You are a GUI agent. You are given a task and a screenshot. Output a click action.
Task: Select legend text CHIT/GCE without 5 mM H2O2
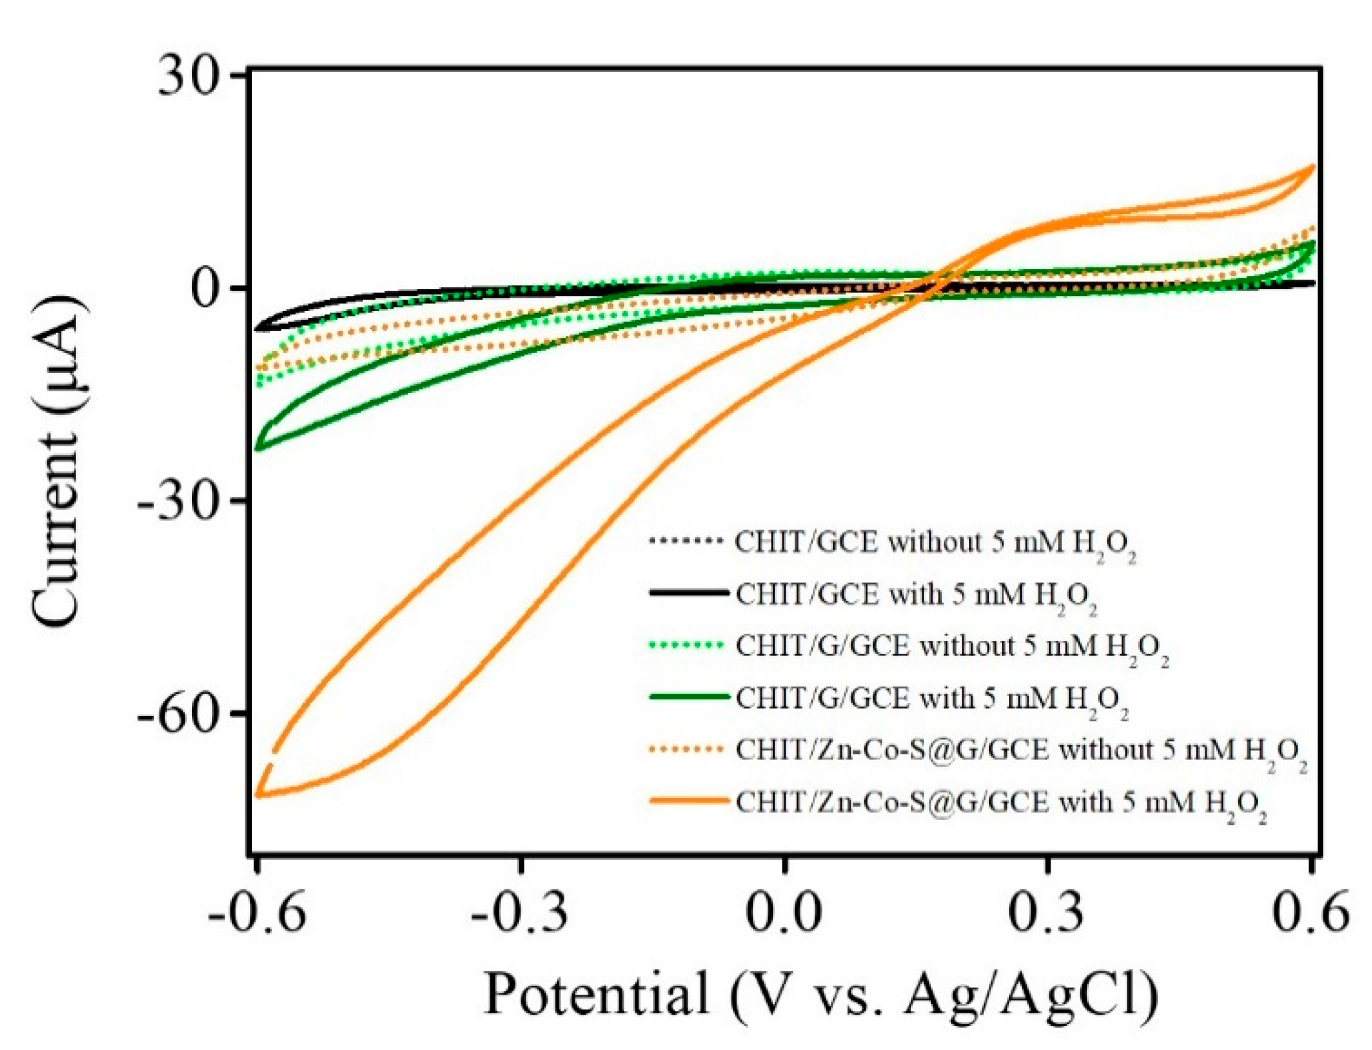[934, 543]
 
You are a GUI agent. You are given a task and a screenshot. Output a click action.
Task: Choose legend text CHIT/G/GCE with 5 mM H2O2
[930, 699]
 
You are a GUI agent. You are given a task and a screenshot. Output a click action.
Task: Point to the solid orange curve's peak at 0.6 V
[1313, 166]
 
